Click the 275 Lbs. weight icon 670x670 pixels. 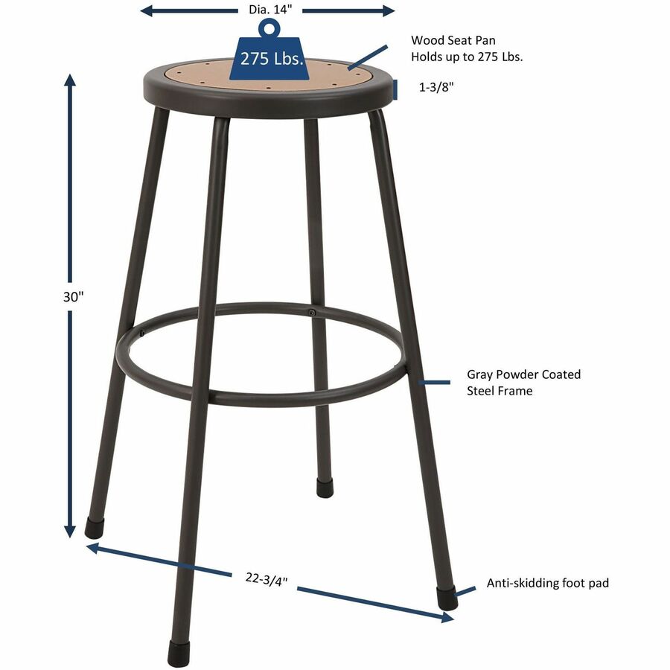[271, 58]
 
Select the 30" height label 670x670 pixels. [71, 296]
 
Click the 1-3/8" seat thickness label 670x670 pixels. [436, 88]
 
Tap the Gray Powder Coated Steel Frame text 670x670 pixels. [523, 383]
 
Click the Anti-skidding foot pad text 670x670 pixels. [547, 583]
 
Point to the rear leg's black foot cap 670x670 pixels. [325, 488]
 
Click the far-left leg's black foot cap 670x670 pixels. [93, 529]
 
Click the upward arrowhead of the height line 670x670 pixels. [71, 78]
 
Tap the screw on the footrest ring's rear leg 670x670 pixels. [311, 313]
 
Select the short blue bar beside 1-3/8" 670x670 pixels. [397, 89]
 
